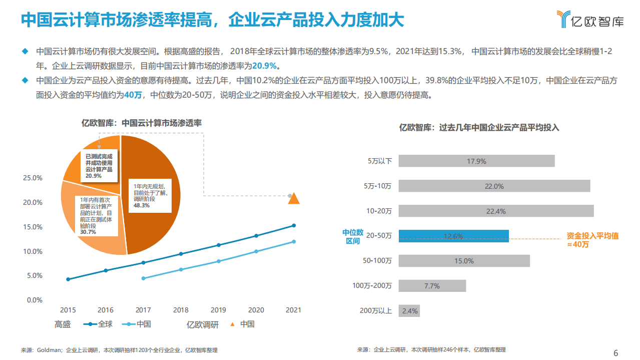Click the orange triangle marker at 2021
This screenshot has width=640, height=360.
(x=294, y=199)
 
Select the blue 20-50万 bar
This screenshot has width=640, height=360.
(x=453, y=236)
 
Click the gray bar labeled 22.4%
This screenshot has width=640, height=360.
(x=496, y=211)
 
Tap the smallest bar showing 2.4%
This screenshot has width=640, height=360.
(x=409, y=311)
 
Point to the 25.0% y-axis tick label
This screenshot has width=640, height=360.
(x=33, y=178)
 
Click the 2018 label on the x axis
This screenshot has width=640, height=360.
(x=181, y=310)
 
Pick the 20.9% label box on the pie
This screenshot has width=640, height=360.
(x=99, y=166)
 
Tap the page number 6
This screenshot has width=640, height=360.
(x=615, y=352)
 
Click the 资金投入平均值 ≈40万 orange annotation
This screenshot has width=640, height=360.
(x=592, y=240)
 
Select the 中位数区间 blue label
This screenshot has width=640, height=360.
(x=352, y=236)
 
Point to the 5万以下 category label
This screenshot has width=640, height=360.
(x=379, y=161)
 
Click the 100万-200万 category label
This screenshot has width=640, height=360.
(x=372, y=286)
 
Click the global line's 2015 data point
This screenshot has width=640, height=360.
(x=68, y=279)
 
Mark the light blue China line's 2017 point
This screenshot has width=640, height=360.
(x=143, y=278)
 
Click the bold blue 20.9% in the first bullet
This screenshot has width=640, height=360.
(x=264, y=66)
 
